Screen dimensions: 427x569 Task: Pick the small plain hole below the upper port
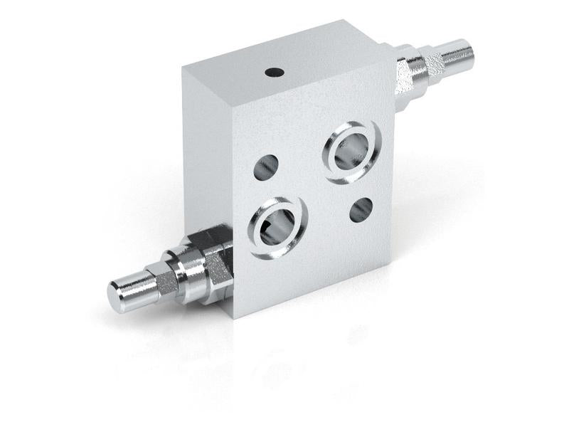[362, 209]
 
